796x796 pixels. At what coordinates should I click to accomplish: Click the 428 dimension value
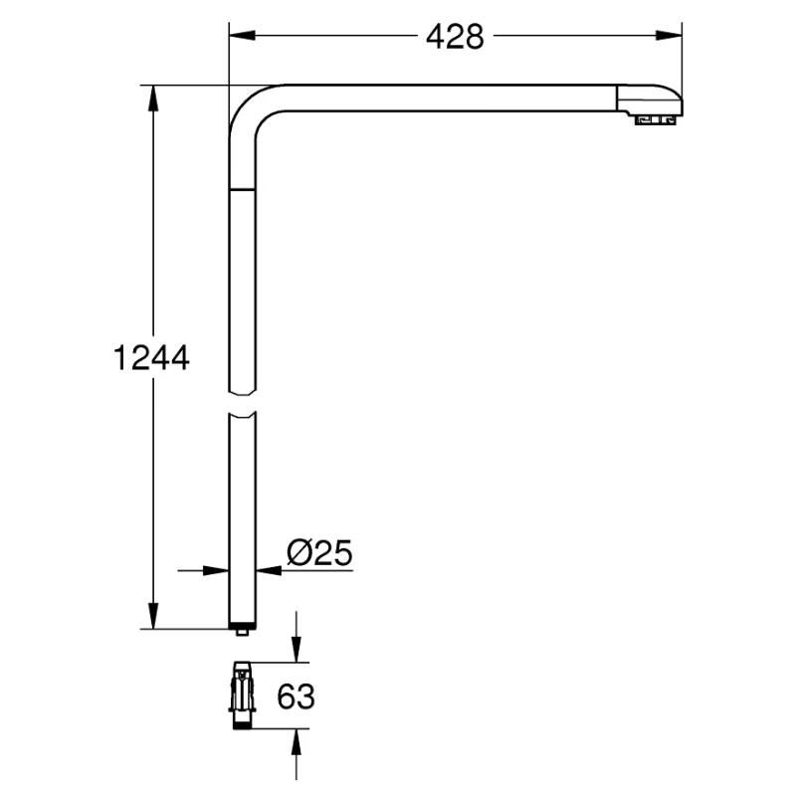click(455, 37)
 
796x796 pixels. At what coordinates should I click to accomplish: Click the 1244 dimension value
click(151, 357)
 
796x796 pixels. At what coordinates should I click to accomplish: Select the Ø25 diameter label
click(319, 552)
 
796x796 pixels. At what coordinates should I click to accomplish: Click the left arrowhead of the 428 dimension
click(242, 36)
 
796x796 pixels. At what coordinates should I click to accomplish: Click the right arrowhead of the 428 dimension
click(669, 36)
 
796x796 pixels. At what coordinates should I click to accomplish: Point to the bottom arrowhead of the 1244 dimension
click(153, 616)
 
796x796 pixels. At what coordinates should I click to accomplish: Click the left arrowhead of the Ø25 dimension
click(216, 570)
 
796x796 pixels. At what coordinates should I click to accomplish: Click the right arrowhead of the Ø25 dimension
click(269, 570)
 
